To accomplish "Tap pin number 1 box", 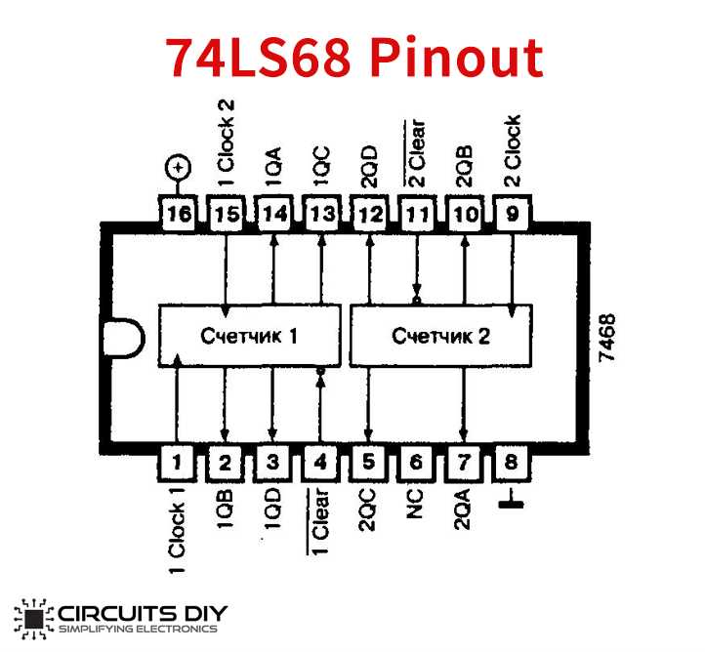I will point(178,462).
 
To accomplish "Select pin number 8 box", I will point(511,462).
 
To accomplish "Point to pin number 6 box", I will point(416,462).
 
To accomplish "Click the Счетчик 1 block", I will point(249,336).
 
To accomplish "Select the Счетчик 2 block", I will point(440,336).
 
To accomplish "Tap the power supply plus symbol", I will point(179,169).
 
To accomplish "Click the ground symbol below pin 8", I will point(511,502).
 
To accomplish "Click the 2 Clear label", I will point(416,152).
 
